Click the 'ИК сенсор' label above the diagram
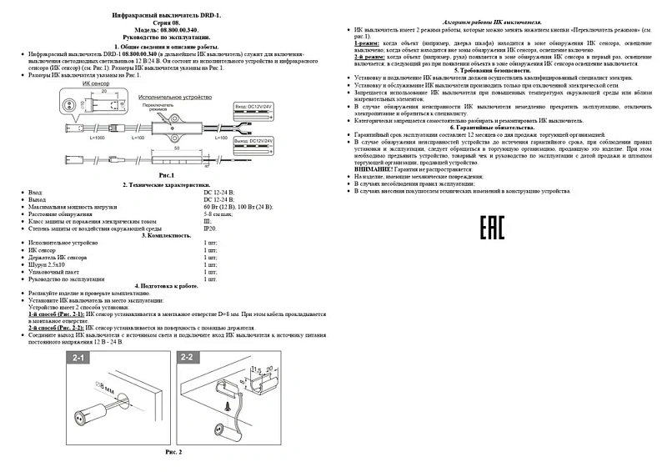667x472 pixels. [x=84, y=85]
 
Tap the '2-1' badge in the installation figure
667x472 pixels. [x=79, y=358]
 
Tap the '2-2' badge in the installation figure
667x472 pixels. [x=187, y=358]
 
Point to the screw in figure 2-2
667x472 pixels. [x=230, y=406]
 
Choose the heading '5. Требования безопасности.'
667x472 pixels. [x=499, y=70]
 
